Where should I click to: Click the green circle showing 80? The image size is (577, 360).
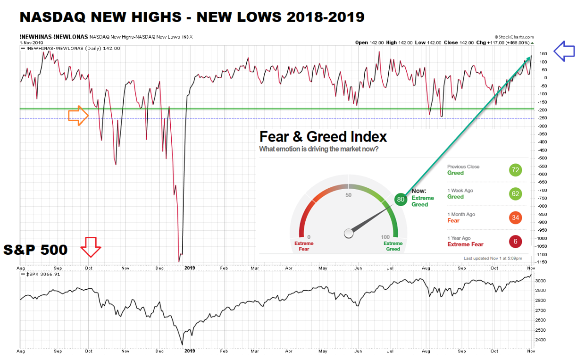click(401, 199)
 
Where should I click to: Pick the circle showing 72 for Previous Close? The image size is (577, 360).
click(515, 170)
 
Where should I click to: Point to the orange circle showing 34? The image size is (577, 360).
click(515, 218)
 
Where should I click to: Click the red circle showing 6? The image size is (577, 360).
click(515, 241)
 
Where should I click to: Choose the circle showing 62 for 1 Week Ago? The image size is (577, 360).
click(515, 193)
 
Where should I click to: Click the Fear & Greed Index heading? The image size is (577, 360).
click(323, 137)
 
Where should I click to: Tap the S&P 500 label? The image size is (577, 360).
click(35, 250)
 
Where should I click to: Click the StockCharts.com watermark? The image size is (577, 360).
click(514, 36)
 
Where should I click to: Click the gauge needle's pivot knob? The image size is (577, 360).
click(349, 233)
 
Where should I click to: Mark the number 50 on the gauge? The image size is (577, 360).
click(349, 195)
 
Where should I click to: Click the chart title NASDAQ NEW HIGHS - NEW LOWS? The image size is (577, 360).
click(192, 17)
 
